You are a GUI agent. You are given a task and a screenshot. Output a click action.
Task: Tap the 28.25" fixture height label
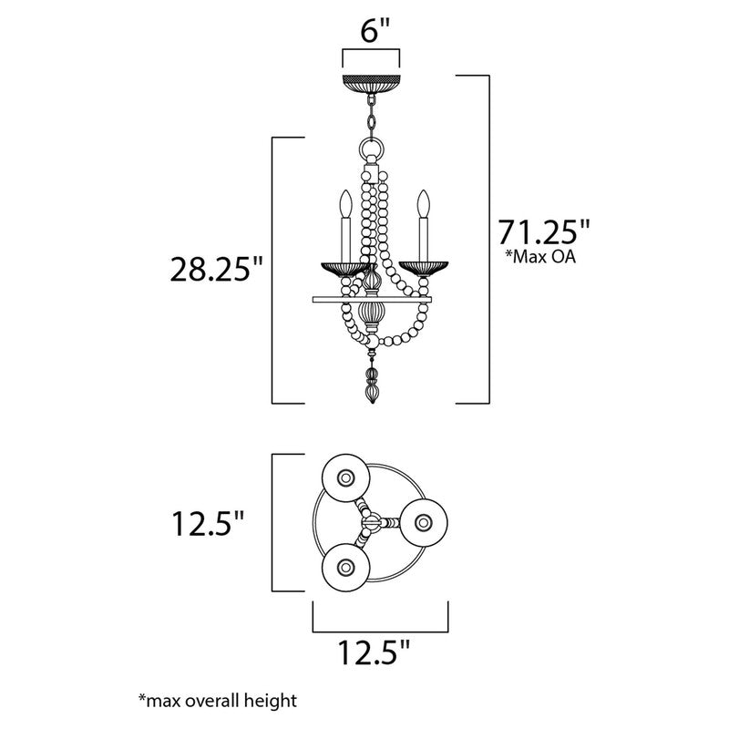(x=217, y=271)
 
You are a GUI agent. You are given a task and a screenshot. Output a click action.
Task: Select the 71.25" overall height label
(x=539, y=229)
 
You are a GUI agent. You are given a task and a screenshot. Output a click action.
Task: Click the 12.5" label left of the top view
(x=209, y=524)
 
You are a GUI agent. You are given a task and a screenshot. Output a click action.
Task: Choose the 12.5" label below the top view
(x=374, y=652)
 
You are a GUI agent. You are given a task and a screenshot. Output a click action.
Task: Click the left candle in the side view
(x=346, y=228)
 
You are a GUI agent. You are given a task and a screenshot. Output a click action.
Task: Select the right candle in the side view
(x=423, y=228)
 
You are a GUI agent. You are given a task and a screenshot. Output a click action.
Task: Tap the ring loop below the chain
(x=371, y=149)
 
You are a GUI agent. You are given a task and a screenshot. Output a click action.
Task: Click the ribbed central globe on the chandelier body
(x=371, y=315)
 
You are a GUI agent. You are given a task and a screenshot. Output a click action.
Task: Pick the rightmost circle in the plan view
(x=422, y=521)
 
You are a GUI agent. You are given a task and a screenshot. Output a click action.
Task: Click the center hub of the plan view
(x=371, y=521)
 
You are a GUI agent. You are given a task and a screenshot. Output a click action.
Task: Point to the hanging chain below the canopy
(x=371, y=117)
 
